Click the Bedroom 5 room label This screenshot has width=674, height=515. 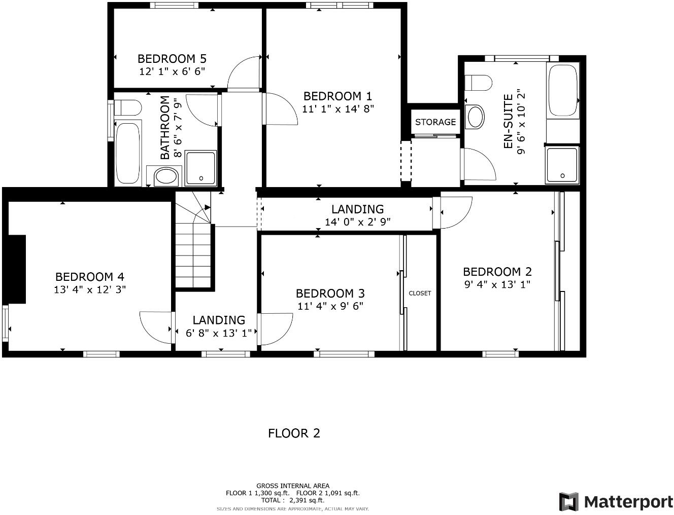(x=172, y=58)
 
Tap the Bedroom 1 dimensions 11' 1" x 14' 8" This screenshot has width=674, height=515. (x=338, y=108)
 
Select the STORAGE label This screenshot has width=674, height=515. (x=435, y=122)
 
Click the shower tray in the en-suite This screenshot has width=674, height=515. (x=562, y=165)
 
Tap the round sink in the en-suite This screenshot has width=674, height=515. (x=476, y=117)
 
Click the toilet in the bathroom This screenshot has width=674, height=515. (x=127, y=108)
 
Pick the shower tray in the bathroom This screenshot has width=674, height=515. (x=201, y=168)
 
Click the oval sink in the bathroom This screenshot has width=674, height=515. (x=165, y=177)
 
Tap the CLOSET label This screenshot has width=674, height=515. (x=420, y=293)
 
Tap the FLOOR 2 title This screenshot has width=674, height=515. (x=294, y=433)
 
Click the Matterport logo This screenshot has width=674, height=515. (x=616, y=501)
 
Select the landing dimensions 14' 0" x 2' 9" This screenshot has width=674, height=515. (x=357, y=222)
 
